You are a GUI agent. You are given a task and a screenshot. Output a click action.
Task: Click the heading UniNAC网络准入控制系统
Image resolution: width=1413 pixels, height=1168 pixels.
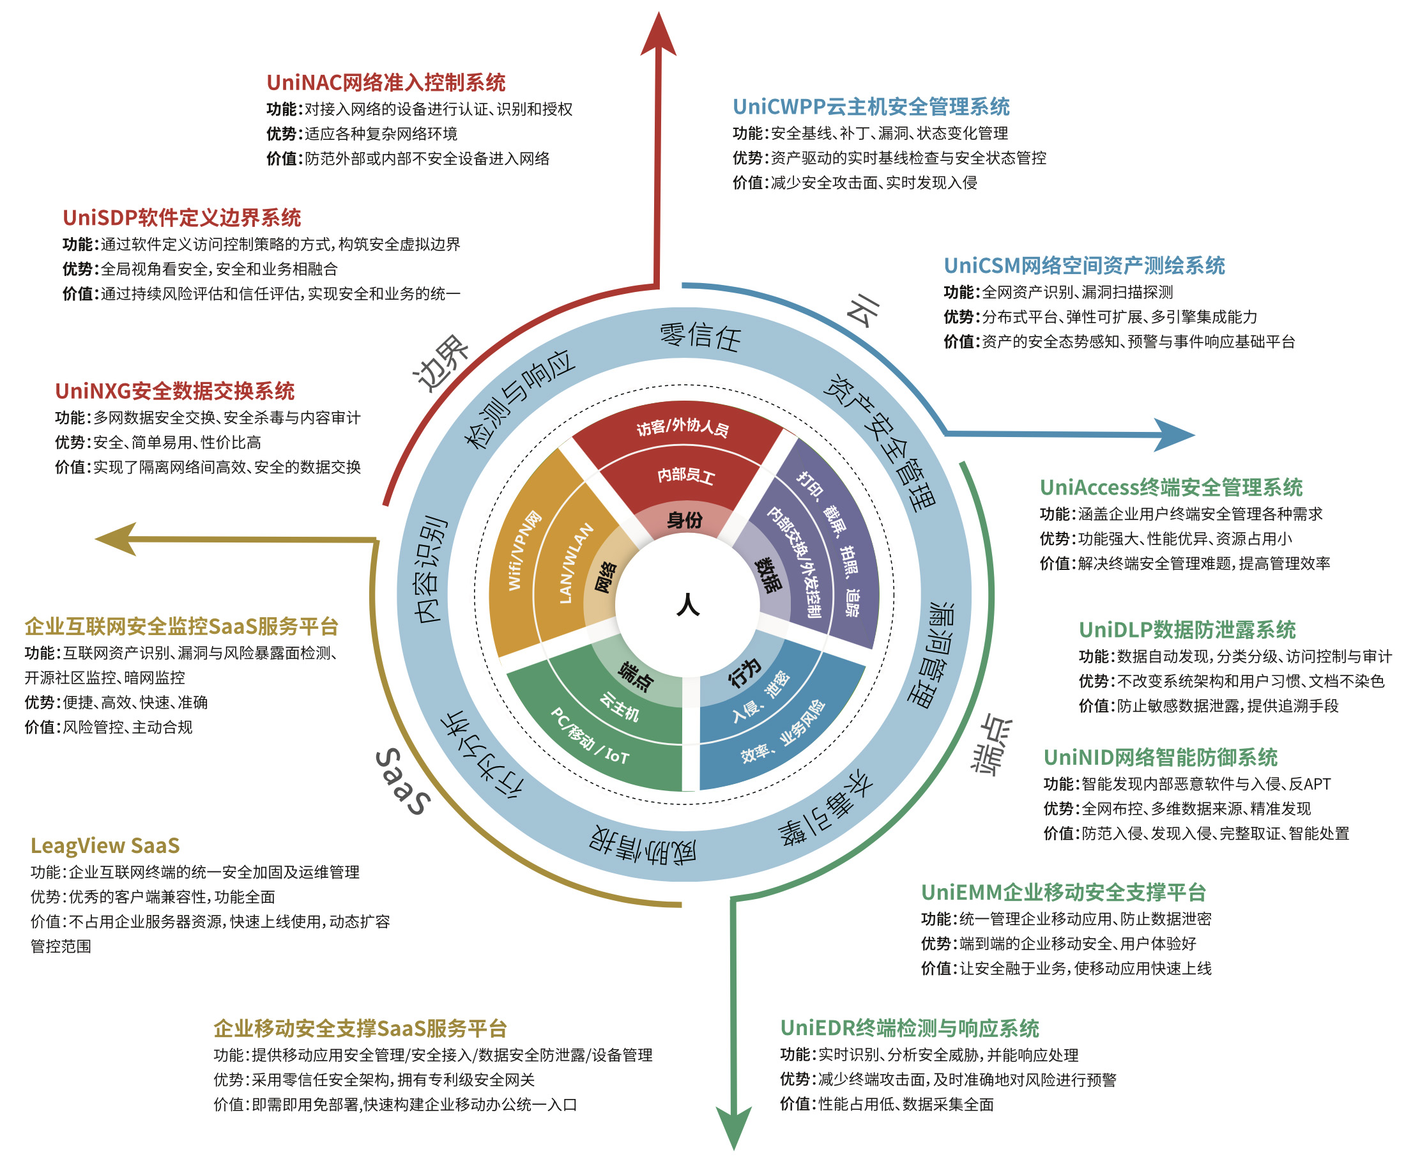tap(385, 83)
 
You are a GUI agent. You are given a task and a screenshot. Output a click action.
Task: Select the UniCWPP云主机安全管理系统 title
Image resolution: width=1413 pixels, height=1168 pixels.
tap(870, 107)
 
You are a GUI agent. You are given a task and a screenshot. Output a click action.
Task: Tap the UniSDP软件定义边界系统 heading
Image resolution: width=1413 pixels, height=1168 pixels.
tap(181, 218)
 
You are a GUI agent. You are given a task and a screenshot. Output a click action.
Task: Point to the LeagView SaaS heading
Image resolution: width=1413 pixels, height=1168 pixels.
tap(105, 846)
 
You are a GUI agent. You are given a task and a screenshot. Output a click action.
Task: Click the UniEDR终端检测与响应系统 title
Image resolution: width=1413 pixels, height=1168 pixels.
tap(909, 1028)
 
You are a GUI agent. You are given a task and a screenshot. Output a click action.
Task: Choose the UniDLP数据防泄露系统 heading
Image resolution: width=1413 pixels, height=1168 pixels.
tap(1186, 630)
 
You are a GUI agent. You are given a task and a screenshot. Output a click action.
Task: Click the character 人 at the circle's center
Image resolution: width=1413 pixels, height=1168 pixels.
tap(687, 605)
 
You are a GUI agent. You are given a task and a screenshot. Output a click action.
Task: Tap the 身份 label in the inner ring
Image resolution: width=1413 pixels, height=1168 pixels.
tap(685, 520)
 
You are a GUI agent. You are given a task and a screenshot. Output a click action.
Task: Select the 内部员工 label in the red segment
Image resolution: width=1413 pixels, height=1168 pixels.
tap(685, 475)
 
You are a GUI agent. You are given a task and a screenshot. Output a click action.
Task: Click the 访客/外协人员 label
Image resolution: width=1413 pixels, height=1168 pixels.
tap(683, 428)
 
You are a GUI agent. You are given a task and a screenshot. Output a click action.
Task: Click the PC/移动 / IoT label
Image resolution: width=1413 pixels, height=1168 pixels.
tap(590, 737)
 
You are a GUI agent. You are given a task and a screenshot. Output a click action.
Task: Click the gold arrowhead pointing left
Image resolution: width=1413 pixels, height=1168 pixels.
tap(118, 538)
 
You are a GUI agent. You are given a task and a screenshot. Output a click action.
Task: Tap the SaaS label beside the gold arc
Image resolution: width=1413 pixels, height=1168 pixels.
tap(402, 782)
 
